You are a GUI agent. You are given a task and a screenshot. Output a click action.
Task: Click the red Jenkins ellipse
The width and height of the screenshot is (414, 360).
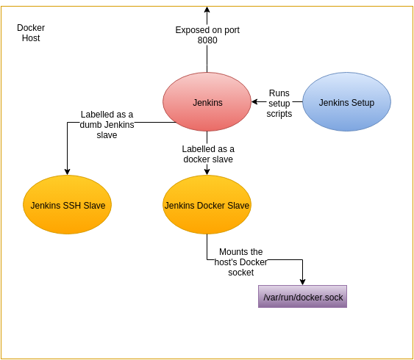[x=207, y=102]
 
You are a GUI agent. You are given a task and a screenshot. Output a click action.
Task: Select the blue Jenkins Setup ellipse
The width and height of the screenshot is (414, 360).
[x=346, y=102]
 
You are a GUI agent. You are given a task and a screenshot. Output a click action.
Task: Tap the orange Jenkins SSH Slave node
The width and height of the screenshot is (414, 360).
[x=67, y=205]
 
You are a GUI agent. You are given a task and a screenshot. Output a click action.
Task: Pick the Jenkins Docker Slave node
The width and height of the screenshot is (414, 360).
[x=207, y=205]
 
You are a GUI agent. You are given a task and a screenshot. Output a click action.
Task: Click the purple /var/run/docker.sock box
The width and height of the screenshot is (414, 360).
[x=302, y=296]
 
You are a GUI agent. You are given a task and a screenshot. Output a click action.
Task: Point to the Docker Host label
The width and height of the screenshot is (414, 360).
[x=31, y=32]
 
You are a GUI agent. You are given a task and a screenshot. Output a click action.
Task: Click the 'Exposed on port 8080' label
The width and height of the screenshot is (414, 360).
[x=207, y=35]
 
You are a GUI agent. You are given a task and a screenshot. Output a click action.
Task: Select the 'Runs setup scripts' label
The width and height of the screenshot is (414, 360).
[x=279, y=104]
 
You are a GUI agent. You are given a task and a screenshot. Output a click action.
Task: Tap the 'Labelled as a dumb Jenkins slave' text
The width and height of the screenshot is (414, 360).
[x=107, y=125]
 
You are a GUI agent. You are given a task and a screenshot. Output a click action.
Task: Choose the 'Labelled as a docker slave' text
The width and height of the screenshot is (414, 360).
[x=208, y=154]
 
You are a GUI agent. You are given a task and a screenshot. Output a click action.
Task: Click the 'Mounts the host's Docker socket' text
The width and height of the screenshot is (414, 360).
[x=241, y=262]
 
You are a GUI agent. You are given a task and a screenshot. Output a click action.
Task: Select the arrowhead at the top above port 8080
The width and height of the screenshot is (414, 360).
[x=207, y=10]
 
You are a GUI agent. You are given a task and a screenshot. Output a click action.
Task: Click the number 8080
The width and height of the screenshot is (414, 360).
[x=207, y=40]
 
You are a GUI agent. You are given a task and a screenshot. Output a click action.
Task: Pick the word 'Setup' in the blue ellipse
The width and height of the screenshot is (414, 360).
[x=363, y=103]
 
